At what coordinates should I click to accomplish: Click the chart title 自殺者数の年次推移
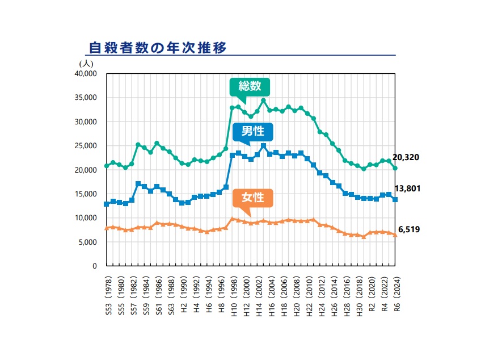(157, 47)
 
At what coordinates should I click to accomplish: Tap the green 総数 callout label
(250, 86)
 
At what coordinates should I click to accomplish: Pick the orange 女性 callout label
(253, 198)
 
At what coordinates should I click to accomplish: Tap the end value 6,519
(408, 229)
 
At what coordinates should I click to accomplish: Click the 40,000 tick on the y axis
(86, 74)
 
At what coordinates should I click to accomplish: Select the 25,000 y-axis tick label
(86, 146)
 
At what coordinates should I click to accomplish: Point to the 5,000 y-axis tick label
(88, 242)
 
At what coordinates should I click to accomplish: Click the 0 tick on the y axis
(95, 266)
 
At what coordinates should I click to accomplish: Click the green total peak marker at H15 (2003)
(263, 101)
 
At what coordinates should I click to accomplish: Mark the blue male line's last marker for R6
(395, 199)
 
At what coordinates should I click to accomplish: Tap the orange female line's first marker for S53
(107, 228)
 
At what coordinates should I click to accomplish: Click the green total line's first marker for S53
(107, 166)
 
